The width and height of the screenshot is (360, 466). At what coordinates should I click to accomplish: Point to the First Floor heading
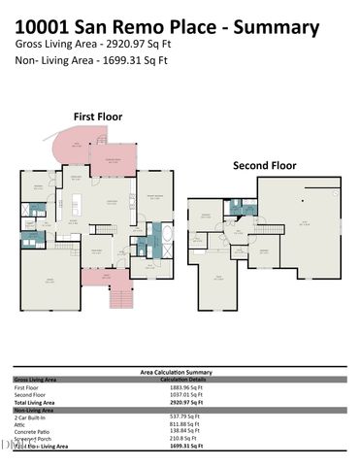[98, 116]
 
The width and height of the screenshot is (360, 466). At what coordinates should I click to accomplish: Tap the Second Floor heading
[263, 165]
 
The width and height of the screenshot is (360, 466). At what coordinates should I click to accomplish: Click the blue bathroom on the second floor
[236, 206]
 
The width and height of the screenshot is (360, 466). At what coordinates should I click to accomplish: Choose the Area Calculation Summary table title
[180, 372]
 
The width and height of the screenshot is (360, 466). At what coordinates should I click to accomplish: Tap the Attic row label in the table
[20, 424]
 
